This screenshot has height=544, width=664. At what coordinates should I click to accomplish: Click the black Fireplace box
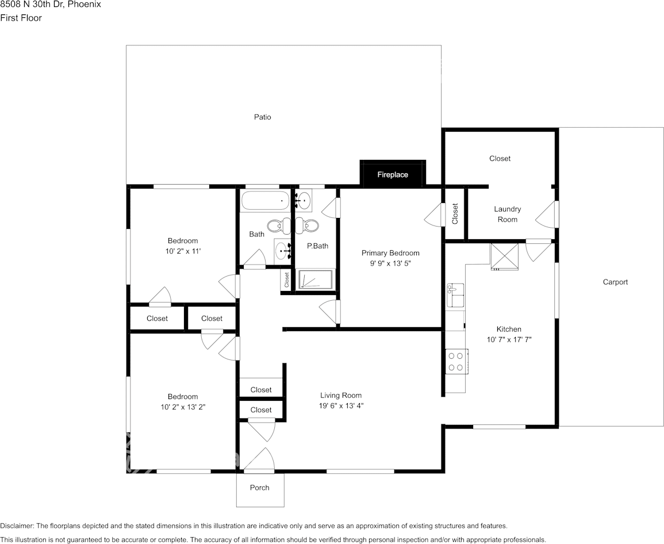pyautogui.click(x=393, y=174)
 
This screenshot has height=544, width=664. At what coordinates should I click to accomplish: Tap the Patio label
pyautogui.click(x=263, y=117)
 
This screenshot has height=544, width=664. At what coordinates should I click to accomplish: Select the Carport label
pyautogui.click(x=615, y=282)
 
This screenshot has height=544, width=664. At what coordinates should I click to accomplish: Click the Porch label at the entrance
pyautogui.click(x=260, y=488)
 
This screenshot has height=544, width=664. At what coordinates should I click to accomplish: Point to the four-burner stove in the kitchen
pyautogui.click(x=456, y=362)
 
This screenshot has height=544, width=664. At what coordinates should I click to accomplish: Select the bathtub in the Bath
pyautogui.click(x=265, y=201)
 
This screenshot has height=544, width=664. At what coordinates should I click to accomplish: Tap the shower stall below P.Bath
pyautogui.click(x=316, y=279)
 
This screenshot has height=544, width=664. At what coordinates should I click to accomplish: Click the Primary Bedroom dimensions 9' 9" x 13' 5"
pyautogui.click(x=390, y=263)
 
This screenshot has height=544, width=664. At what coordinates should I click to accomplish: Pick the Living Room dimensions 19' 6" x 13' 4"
pyautogui.click(x=341, y=405)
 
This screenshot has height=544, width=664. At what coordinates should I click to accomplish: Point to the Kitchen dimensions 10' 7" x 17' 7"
pyautogui.click(x=509, y=339)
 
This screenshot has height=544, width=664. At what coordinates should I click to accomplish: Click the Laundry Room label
pyautogui.click(x=507, y=214)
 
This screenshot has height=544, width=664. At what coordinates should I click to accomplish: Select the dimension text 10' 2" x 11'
pyautogui.click(x=183, y=251)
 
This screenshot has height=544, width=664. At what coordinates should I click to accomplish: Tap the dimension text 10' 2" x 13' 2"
pyautogui.click(x=183, y=407)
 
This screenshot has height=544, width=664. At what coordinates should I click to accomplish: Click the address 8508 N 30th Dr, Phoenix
pyautogui.click(x=51, y=5)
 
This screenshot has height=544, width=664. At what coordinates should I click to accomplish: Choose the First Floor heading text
pyautogui.click(x=21, y=18)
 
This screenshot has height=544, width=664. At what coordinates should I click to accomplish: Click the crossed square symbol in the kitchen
pyautogui.click(x=504, y=256)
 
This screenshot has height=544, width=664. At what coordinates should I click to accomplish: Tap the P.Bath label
pyautogui.click(x=317, y=246)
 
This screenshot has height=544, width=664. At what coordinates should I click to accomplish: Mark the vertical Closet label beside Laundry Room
pyautogui.click(x=455, y=213)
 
